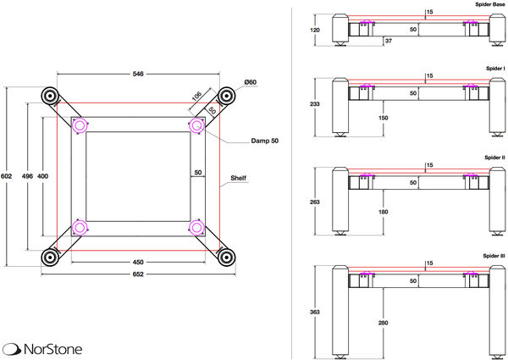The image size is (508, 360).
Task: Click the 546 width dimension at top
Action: pos(138,75)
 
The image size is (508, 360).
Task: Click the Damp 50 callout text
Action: pos(265,141)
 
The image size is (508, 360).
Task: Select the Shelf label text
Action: pos(240,179)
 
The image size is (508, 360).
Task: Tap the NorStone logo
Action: pos(41,347)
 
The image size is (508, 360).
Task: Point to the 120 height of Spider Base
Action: pos(315,30)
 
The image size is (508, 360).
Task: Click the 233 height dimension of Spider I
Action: pos(315,104)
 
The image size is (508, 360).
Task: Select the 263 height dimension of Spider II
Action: pos(315,202)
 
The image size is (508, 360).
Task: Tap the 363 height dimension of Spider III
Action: pos(315,312)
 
